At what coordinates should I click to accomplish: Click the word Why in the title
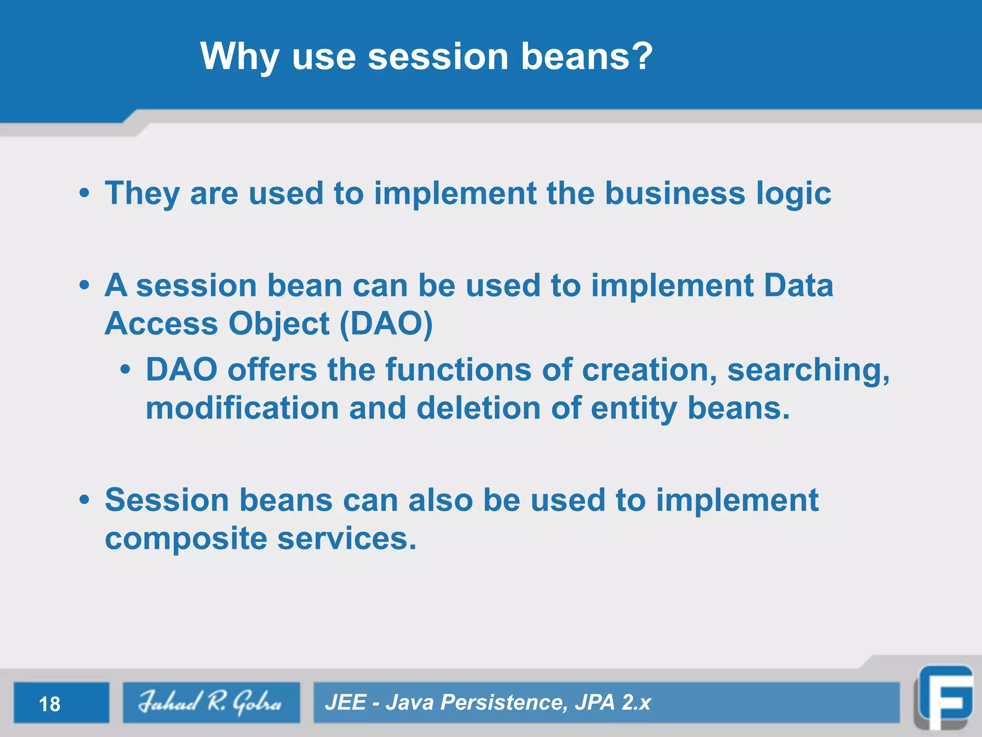click(239, 56)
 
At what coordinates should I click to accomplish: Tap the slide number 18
click(49, 704)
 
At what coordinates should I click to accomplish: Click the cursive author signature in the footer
click(210, 702)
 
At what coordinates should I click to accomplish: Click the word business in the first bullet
click(675, 193)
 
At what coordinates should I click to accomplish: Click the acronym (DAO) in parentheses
click(386, 324)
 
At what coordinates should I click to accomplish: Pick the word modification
click(242, 408)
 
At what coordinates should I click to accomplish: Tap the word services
click(346, 538)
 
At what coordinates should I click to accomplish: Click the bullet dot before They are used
click(84, 193)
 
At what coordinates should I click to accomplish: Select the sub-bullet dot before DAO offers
click(125, 370)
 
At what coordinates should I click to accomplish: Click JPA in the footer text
click(595, 702)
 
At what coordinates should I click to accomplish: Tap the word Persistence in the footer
click(502, 702)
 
